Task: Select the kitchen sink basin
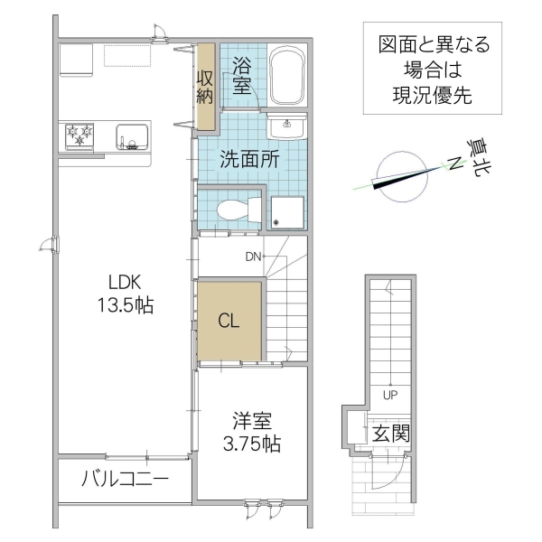(131, 139)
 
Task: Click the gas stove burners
(80, 136)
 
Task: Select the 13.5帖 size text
(125, 305)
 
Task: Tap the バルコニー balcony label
(126, 478)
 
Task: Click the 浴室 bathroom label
(241, 75)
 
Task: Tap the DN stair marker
(253, 257)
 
